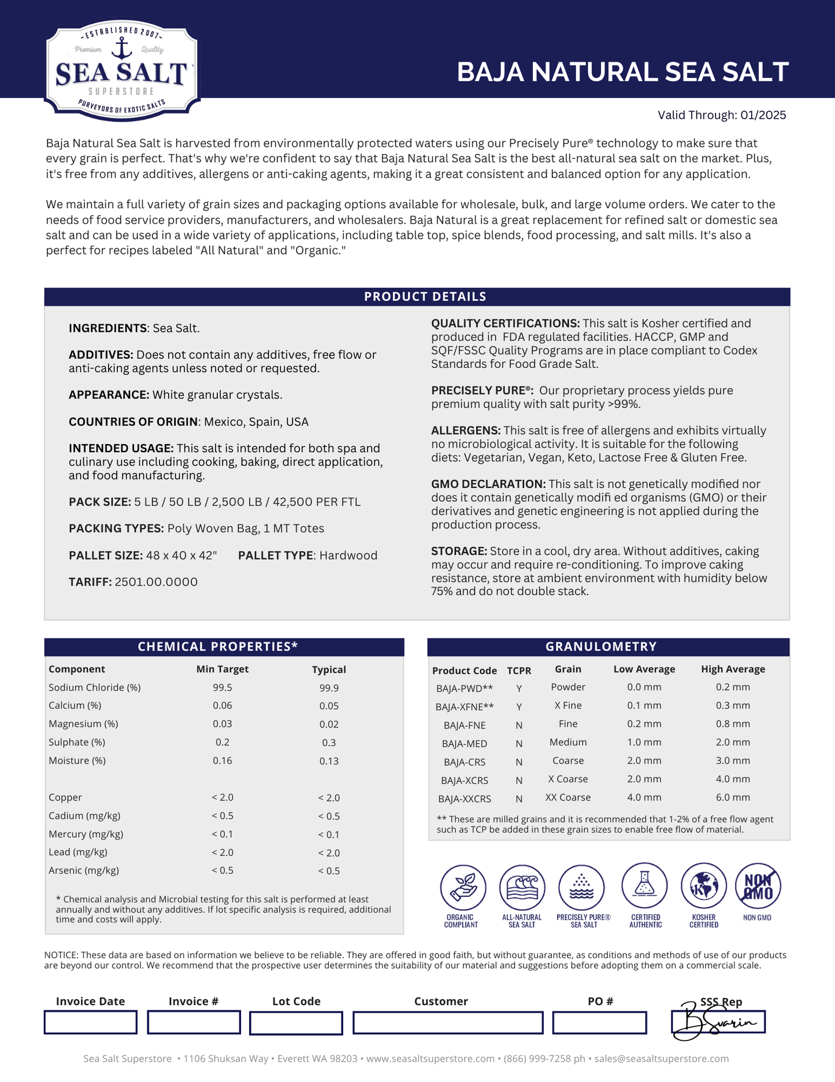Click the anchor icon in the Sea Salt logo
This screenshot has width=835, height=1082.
(x=121, y=48)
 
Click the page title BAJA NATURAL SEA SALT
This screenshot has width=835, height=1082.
(x=622, y=72)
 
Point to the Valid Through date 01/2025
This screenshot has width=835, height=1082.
(x=763, y=115)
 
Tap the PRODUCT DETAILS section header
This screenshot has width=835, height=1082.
(x=425, y=297)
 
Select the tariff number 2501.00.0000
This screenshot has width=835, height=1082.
(x=156, y=582)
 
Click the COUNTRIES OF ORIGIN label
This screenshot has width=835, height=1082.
(x=133, y=422)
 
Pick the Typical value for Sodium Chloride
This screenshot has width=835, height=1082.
(x=329, y=688)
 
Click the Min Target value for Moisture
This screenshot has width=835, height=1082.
(x=222, y=760)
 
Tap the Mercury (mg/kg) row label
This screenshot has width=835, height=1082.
(x=86, y=834)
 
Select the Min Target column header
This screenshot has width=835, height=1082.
(x=222, y=669)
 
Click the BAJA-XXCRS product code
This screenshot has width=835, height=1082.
(x=465, y=799)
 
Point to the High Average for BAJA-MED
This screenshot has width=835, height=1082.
(x=733, y=742)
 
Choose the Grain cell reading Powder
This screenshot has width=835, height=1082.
(x=568, y=687)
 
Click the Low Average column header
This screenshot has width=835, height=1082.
(x=644, y=669)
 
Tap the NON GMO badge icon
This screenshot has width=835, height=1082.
(x=758, y=886)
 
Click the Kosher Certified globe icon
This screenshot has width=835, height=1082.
(x=703, y=886)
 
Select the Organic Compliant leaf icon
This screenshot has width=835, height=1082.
(x=463, y=887)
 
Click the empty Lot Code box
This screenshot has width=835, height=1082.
(x=296, y=1022)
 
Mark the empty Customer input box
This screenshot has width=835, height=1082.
(x=448, y=1022)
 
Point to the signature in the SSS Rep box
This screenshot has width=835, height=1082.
(x=717, y=1022)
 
